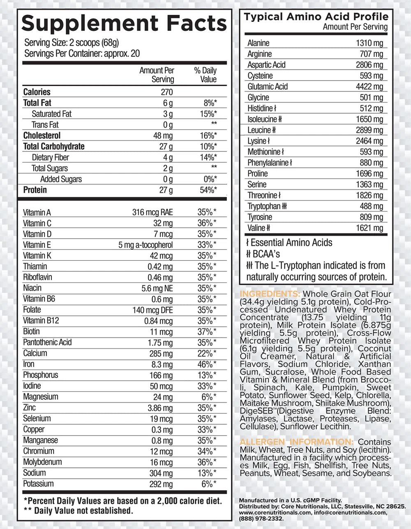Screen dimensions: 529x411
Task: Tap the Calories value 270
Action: pos(166,92)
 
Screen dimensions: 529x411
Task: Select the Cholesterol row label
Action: pos(42,135)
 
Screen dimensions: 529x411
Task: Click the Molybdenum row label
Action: pos(42,462)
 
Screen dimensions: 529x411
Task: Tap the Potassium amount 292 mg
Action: pos(161,484)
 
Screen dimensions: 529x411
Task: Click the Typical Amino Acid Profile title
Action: pos(316,17)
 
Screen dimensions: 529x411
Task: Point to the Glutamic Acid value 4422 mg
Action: pos(369,86)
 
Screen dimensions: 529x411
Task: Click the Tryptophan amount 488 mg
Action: pos(372,206)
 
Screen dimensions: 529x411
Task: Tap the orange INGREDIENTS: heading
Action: pos(270,294)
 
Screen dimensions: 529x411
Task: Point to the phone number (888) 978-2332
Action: pos(261,519)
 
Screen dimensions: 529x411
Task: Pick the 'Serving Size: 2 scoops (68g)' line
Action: pos(72,42)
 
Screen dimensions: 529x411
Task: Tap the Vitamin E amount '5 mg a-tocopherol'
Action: pos(145,245)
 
